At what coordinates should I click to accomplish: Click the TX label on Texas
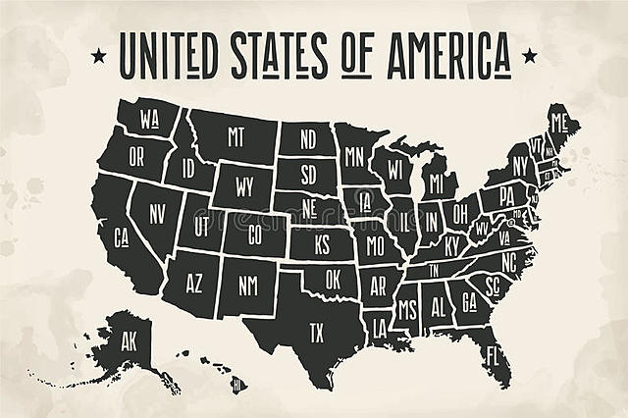pos(316,333)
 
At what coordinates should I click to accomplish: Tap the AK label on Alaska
pos(130,343)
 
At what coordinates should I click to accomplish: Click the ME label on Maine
pos(559,123)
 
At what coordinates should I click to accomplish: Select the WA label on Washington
pos(149,121)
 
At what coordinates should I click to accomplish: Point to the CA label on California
pos(122,236)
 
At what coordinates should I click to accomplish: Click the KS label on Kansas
pos(321,242)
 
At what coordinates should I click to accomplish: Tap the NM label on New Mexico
pos(247,286)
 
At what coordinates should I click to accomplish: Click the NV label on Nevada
pos(157,210)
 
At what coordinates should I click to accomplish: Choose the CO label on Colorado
pos(255,235)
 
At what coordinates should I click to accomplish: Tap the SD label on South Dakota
pos(308,177)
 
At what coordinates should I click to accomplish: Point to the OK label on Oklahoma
pos(334,278)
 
